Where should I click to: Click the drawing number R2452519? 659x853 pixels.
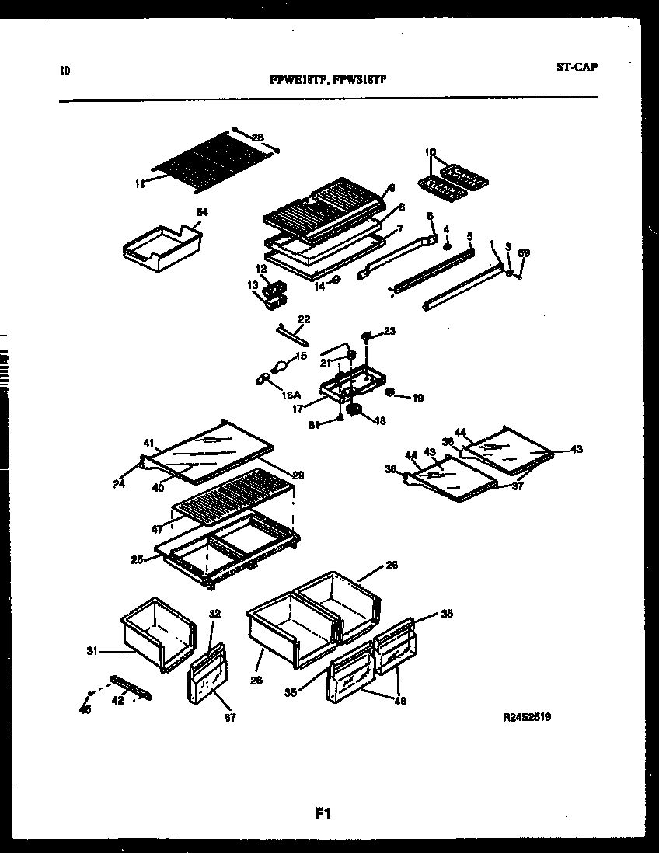pyautogui.click(x=528, y=719)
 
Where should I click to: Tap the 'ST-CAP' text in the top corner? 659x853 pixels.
pyautogui.click(x=577, y=68)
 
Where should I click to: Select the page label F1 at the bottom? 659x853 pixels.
pyautogui.click(x=323, y=814)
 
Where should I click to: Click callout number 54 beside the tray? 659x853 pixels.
pyautogui.click(x=202, y=212)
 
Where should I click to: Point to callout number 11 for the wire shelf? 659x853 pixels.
pyautogui.click(x=140, y=183)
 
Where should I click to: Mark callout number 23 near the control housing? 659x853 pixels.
pyautogui.click(x=389, y=332)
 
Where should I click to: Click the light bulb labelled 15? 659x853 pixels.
pyautogui.click(x=277, y=364)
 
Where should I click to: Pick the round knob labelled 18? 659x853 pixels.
pyautogui.click(x=356, y=409)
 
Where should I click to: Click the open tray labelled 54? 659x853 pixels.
pyautogui.click(x=163, y=249)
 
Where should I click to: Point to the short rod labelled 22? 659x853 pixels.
pyautogui.click(x=292, y=335)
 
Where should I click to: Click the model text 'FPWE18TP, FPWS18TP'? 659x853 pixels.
pyautogui.click(x=327, y=78)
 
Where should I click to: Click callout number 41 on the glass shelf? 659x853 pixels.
pyautogui.click(x=148, y=444)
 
